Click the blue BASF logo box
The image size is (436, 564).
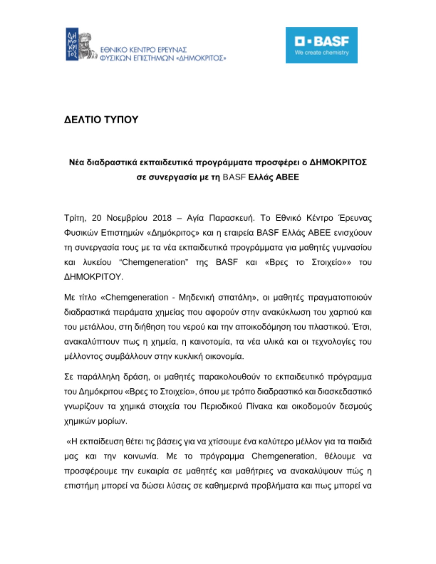tap(321, 45)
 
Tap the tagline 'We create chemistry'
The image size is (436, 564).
tap(321, 52)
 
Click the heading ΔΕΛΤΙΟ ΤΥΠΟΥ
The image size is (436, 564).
tap(101, 120)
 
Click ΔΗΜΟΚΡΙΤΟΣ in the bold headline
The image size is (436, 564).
tap(338, 162)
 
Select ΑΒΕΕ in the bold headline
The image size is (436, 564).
tap(287, 177)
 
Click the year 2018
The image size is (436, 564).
tap(162, 218)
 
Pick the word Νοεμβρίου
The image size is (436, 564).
tap(127, 218)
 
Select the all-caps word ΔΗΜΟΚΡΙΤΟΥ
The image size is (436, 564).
tap(93, 277)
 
